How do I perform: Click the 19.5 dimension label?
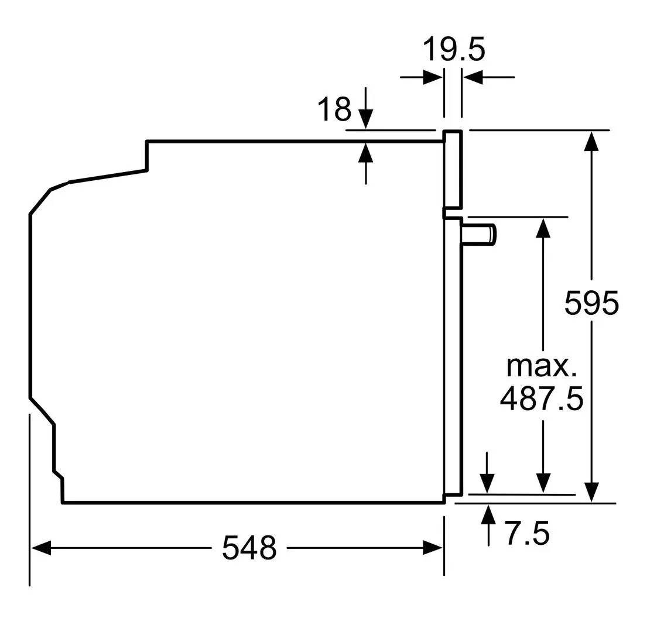(x=454, y=49)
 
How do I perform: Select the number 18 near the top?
(x=334, y=109)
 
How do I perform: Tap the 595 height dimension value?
(x=591, y=303)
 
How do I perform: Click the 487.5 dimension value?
(x=542, y=399)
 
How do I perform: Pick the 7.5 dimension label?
(x=527, y=533)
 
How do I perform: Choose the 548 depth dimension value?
(x=249, y=547)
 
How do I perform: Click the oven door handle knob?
(x=478, y=233)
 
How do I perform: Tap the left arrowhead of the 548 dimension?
(x=41, y=548)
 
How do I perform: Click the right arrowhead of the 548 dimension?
(x=432, y=548)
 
